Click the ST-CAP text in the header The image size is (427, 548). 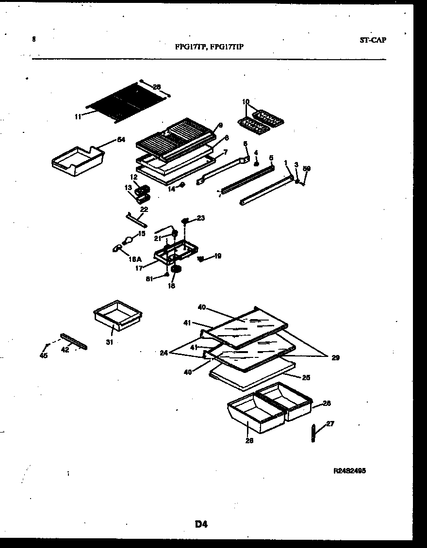pyautogui.click(x=373, y=40)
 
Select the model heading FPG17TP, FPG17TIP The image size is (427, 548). pyautogui.click(x=209, y=47)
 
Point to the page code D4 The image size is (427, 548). pyautogui.click(x=201, y=524)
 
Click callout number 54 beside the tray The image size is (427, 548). pyautogui.click(x=121, y=140)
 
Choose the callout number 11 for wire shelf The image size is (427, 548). pyautogui.click(x=78, y=116)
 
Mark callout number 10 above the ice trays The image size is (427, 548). pyautogui.click(x=246, y=102)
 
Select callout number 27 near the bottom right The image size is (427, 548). pyautogui.click(x=330, y=423)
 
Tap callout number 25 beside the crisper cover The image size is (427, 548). pyautogui.click(x=306, y=377)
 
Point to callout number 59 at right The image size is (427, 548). pyautogui.click(x=306, y=169)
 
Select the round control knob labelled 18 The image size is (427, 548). pyautogui.click(x=176, y=269)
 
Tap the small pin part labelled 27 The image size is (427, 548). pyautogui.click(x=314, y=433)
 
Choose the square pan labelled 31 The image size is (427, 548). pyautogui.click(x=117, y=314)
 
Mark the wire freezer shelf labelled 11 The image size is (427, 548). pyautogui.click(x=126, y=102)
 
